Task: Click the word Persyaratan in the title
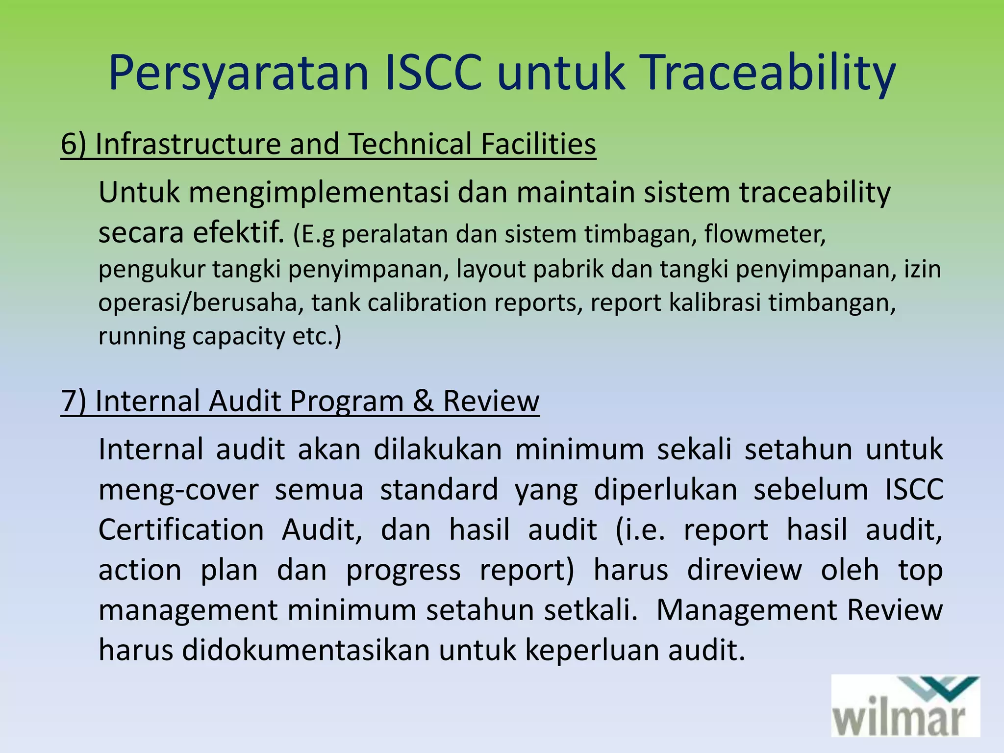click(x=238, y=74)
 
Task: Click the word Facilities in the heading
click(x=538, y=144)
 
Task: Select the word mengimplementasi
click(x=319, y=193)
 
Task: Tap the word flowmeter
click(x=764, y=235)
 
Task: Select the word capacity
click(x=238, y=337)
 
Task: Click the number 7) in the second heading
click(x=74, y=401)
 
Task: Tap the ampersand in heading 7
click(x=423, y=401)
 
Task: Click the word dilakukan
click(x=437, y=449)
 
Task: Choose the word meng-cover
click(x=178, y=490)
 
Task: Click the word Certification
click(x=181, y=530)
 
